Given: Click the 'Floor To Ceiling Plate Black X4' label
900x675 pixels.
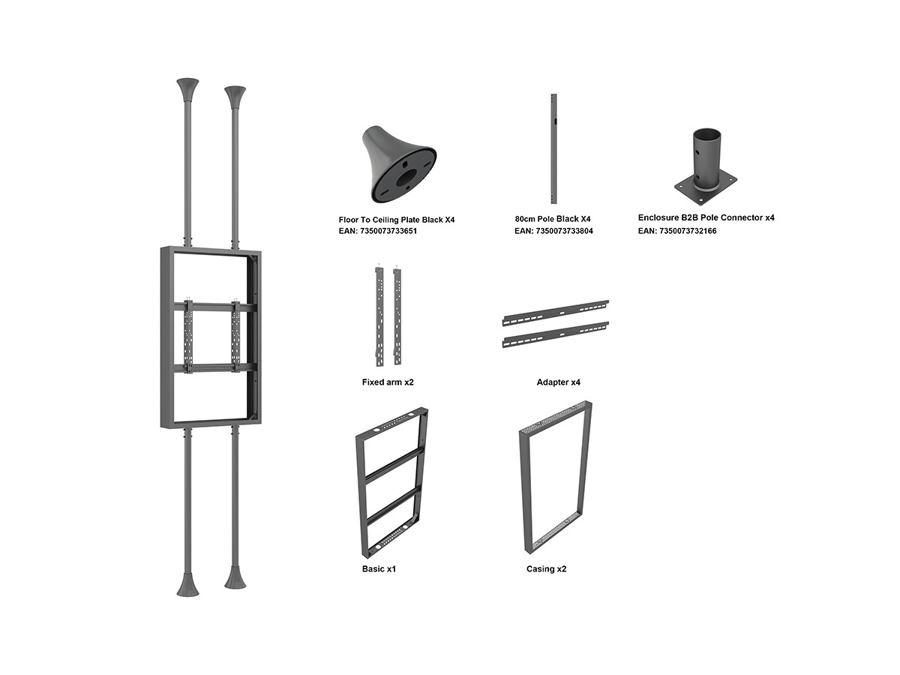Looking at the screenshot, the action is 397,220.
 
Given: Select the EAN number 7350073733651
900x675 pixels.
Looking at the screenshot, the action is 378,231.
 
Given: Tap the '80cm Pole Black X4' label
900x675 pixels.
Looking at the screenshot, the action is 553,219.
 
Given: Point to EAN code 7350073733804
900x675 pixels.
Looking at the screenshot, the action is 553,231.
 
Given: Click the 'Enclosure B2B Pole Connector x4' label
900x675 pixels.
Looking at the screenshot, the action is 706,218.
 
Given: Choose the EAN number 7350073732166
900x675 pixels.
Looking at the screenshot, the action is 677,231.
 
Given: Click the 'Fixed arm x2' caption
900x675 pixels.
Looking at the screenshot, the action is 388,382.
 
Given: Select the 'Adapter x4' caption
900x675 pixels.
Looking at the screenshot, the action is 559,382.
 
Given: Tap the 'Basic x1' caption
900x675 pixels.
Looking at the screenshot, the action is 379,568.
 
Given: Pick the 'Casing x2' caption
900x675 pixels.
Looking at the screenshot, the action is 546,568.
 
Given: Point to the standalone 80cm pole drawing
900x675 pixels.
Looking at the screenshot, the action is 553,148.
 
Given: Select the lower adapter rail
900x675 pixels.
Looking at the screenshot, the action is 556,334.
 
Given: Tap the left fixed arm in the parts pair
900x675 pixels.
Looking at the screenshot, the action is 379,316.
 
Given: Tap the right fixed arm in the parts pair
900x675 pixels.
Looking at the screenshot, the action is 397,316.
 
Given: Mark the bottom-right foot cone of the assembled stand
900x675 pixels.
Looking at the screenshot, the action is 235,577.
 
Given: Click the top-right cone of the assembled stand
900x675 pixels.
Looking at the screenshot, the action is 235,97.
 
